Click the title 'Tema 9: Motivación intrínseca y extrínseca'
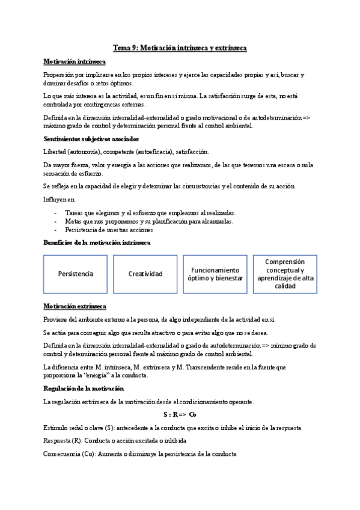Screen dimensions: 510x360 point(180,48)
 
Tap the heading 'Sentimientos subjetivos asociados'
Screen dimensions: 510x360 point(91,139)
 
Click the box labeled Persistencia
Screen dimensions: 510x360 point(76,274)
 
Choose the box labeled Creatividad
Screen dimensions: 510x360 point(145,274)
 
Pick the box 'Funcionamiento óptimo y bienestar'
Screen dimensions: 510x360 point(215,274)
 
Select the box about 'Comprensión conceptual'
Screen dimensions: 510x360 point(285,274)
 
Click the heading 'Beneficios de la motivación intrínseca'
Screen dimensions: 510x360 point(97,242)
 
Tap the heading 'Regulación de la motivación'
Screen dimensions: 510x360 point(84,372)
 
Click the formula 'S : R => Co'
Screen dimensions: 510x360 point(180,398)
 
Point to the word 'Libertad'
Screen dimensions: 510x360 point(55,152)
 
